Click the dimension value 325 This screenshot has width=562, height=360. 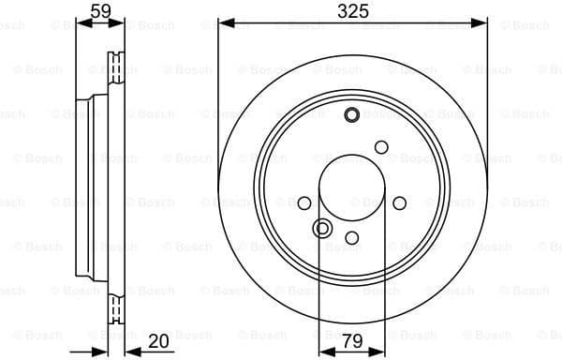[x=352, y=11]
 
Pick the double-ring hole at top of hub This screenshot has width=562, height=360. [x=352, y=115]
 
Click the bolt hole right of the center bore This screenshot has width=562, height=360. [x=400, y=202]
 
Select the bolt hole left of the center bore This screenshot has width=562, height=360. [x=304, y=202]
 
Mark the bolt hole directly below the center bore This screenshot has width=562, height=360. [x=352, y=239]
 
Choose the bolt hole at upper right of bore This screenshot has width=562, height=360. [x=381, y=146]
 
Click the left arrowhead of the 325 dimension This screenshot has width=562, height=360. [x=224, y=24]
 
